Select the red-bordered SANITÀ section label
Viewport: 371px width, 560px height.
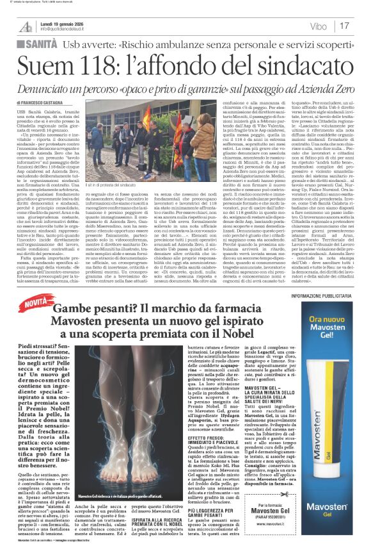tap(38, 43)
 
